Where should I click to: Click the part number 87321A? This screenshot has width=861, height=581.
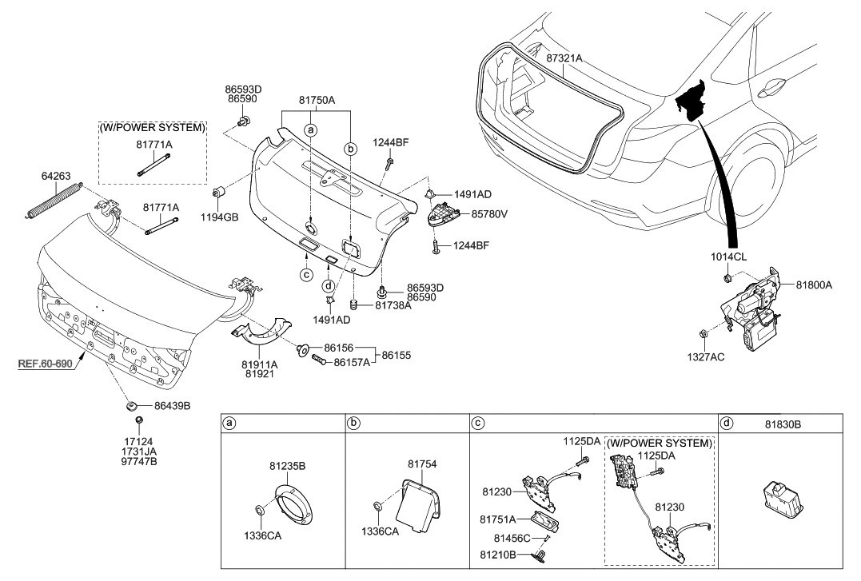(x=564, y=59)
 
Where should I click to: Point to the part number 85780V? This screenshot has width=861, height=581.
(x=489, y=214)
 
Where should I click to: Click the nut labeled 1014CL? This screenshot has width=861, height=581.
(x=728, y=278)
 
